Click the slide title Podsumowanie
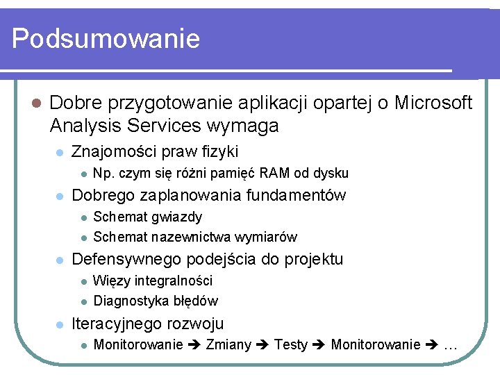click(x=106, y=38)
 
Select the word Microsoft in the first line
click(x=433, y=103)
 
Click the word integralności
click(x=174, y=281)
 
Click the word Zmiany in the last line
click(x=228, y=344)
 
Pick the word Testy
click(x=291, y=344)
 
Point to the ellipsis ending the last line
click(x=450, y=345)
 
